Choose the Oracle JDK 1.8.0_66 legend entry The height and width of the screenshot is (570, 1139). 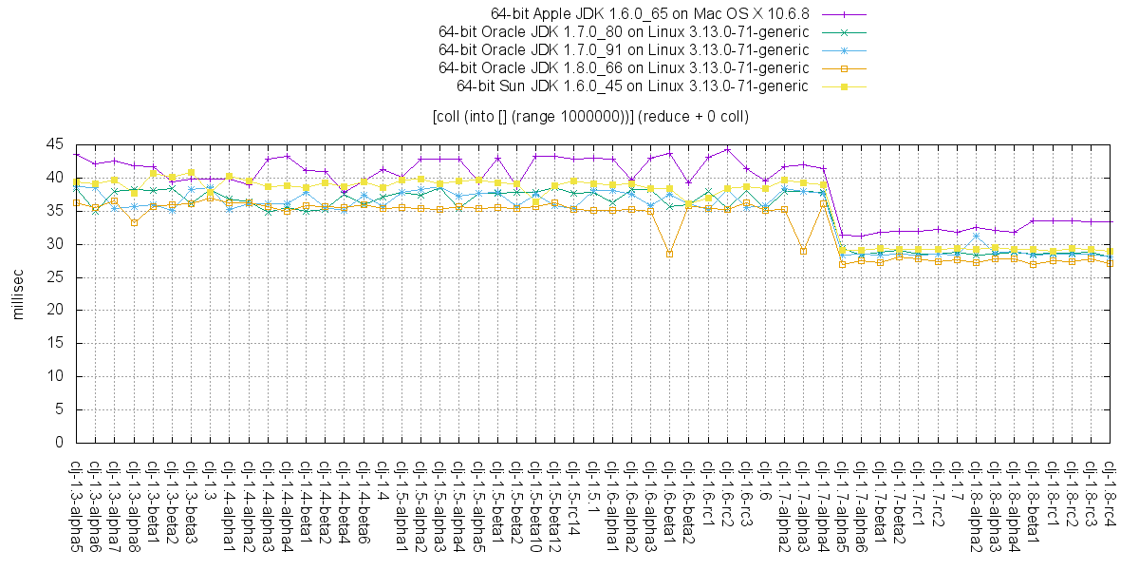tap(624, 67)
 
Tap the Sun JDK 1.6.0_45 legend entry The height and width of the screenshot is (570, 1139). tap(632, 85)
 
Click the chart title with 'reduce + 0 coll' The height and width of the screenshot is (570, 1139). tap(589, 117)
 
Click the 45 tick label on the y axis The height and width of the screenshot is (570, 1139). tap(55, 144)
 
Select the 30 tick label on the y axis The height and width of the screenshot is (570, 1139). tap(55, 244)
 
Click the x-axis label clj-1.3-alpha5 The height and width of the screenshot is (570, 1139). tap(76, 503)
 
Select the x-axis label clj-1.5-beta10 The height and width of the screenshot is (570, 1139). tap(536, 503)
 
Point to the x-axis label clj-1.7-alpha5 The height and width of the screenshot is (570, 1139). tap(842, 503)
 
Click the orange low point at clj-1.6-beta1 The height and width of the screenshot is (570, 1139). tap(669, 254)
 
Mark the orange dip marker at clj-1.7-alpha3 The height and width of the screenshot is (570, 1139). tap(803, 251)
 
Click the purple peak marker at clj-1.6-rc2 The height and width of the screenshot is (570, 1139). tap(727, 149)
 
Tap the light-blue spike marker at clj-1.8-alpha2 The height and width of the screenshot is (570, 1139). tap(976, 236)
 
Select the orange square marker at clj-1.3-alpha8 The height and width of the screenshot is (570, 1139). tap(134, 222)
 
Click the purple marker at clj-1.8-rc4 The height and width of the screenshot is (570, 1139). tap(1111, 221)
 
